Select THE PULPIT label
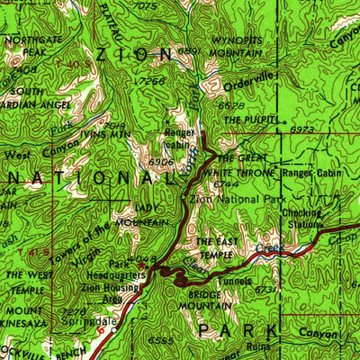pos(248,120)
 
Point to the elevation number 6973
pos(302,130)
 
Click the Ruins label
pos(259,345)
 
